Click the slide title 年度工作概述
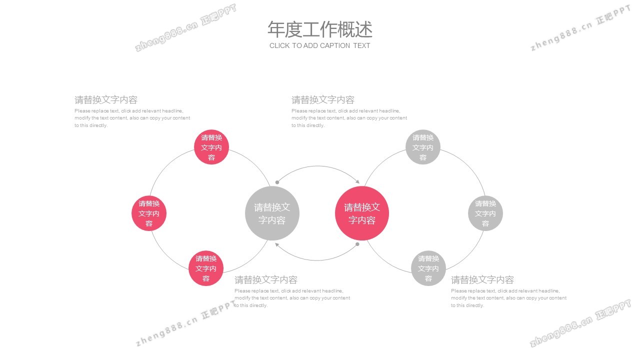pyautogui.click(x=320, y=29)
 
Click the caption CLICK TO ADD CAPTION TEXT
pyautogui.click(x=320, y=45)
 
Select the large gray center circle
pyautogui.click(x=272, y=213)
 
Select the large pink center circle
pyautogui.click(x=362, y=213)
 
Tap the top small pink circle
pyautogui.click(x=211, y=147)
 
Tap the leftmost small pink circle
pyautogui.click(x=149, y=213)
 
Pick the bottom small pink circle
pyautogui.click(x=206, y=268)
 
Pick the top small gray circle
pyautogui.click(x=423, y=147)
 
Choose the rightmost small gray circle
pyautogui.click(x=485, y=213)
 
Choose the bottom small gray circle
pyautogui.click(x=428, y=268)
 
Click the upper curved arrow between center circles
pyautogui.click(x=318, y=166)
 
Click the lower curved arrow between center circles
pyautogui.click(x=318, y=260)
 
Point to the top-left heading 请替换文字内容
pyautogui.click(x=106, y=100)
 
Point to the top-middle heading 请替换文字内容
pyautogui.click(x=323, y=100)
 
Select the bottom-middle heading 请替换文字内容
pyautogui.click(x=266, y=280)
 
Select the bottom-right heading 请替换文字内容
pyautogui.click(x=482, y=280)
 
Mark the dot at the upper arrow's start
pyautogui.click(x=277, y=182)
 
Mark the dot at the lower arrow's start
pyautogui.click(x=357, y=244)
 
